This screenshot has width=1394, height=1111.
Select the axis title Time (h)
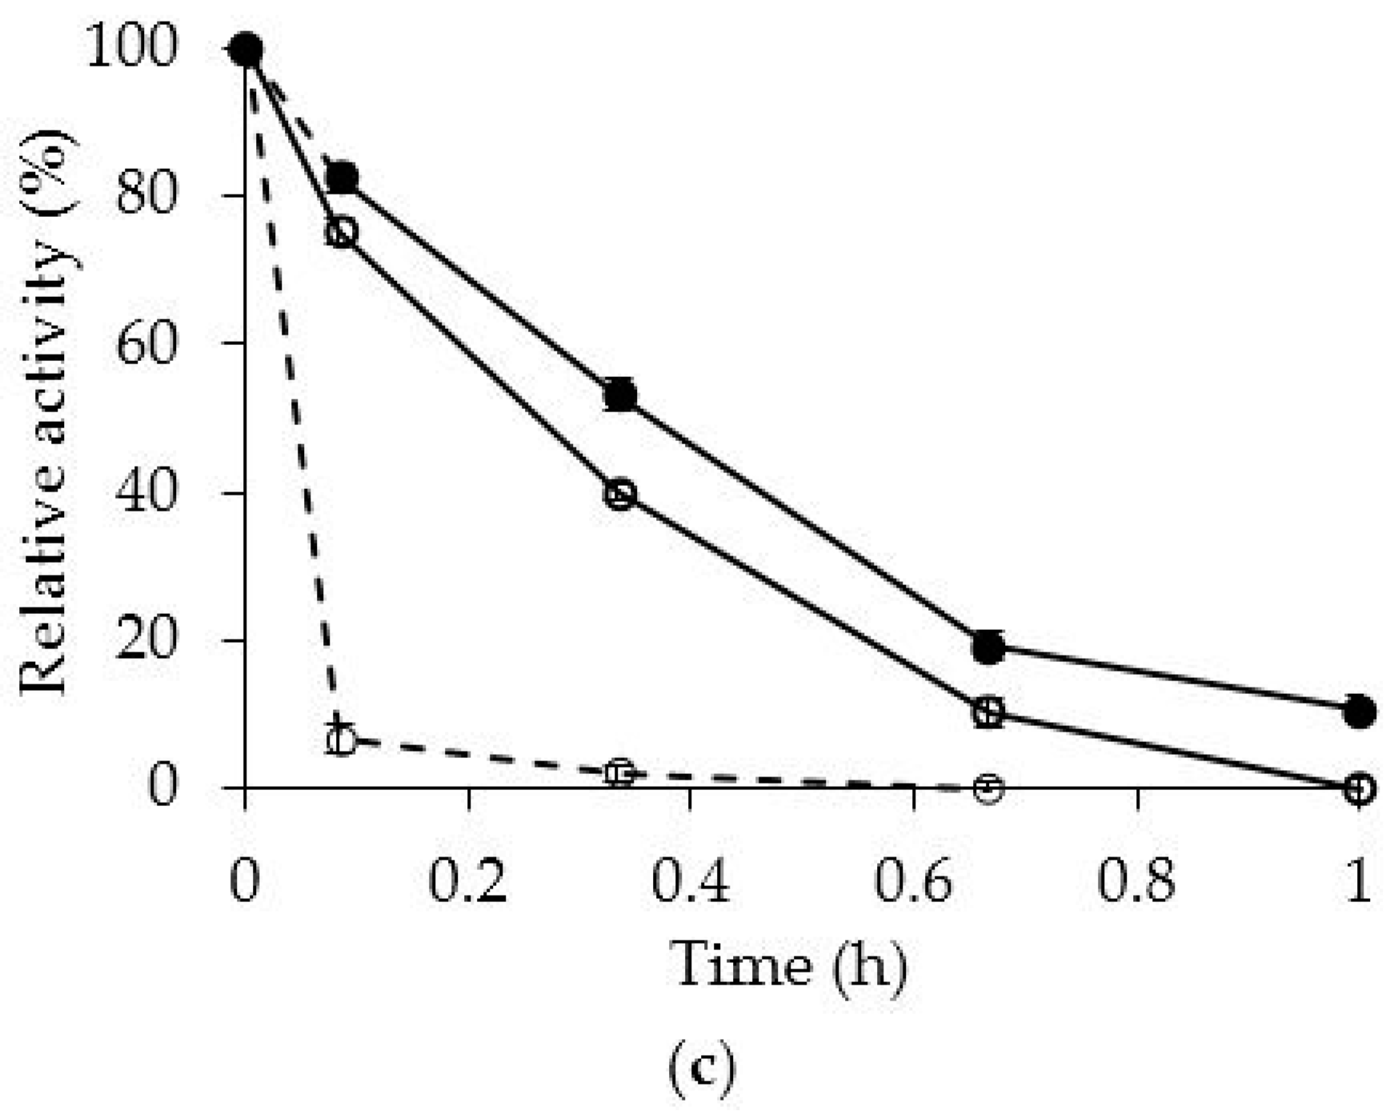coord(789,965)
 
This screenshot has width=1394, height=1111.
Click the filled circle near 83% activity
coord(342,177)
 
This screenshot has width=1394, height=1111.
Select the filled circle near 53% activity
coord(620,395)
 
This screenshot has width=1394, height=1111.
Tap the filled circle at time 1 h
coord(1359,711)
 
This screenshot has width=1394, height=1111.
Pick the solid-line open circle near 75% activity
coord(341,232)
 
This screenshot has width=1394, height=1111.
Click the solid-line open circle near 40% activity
coord(620,494)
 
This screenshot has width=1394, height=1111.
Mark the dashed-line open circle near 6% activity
coord(342,740)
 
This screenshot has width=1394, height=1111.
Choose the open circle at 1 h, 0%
coord(1359,788)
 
